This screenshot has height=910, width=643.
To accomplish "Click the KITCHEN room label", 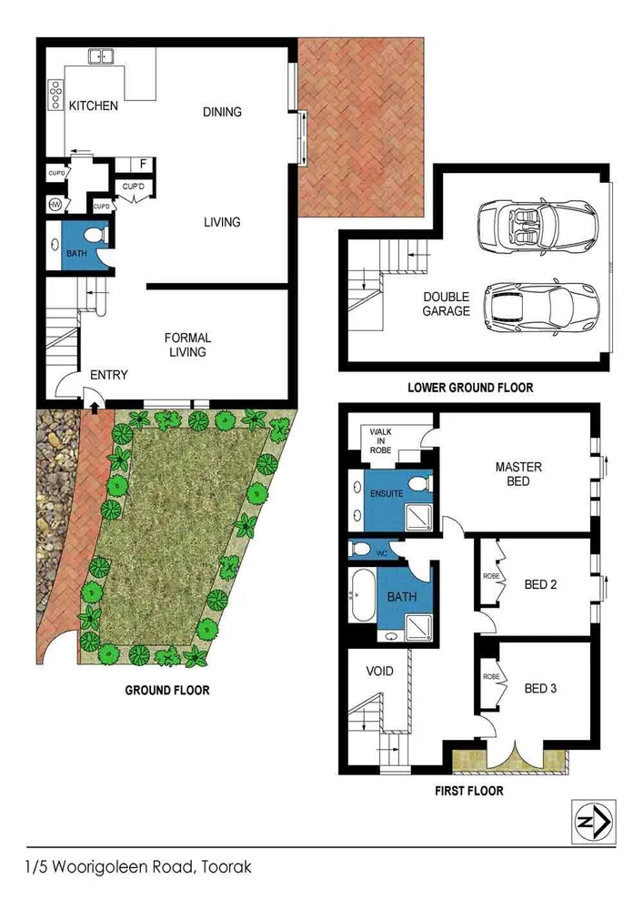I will [94, 106].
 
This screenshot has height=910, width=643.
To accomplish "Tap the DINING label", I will [222, 112].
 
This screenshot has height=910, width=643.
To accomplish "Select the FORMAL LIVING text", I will [187, 345].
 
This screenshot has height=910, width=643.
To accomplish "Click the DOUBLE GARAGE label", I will [446, 304].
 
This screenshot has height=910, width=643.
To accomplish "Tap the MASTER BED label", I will [518, 473].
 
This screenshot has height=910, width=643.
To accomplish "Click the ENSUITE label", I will [387, 493].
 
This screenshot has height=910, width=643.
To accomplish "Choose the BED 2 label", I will [541, 584].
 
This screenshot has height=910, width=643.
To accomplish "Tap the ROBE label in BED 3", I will [492, 677].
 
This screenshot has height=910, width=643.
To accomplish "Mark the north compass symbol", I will [592, 821].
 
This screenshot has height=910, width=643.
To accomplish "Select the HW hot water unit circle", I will [55, 205].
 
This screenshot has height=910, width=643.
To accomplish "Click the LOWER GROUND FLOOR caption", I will [469, 388].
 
